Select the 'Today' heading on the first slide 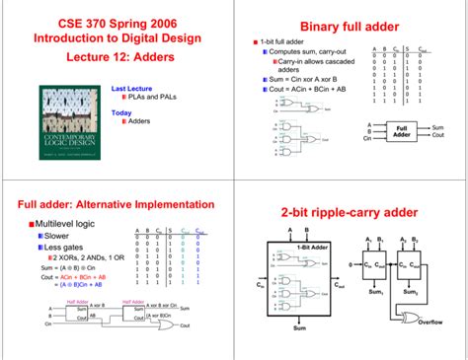coord(121,111)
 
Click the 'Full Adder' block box coord(402,131)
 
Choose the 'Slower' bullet coord(55,237)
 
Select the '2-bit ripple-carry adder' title coord(351,212)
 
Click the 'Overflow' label coord(430,322)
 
